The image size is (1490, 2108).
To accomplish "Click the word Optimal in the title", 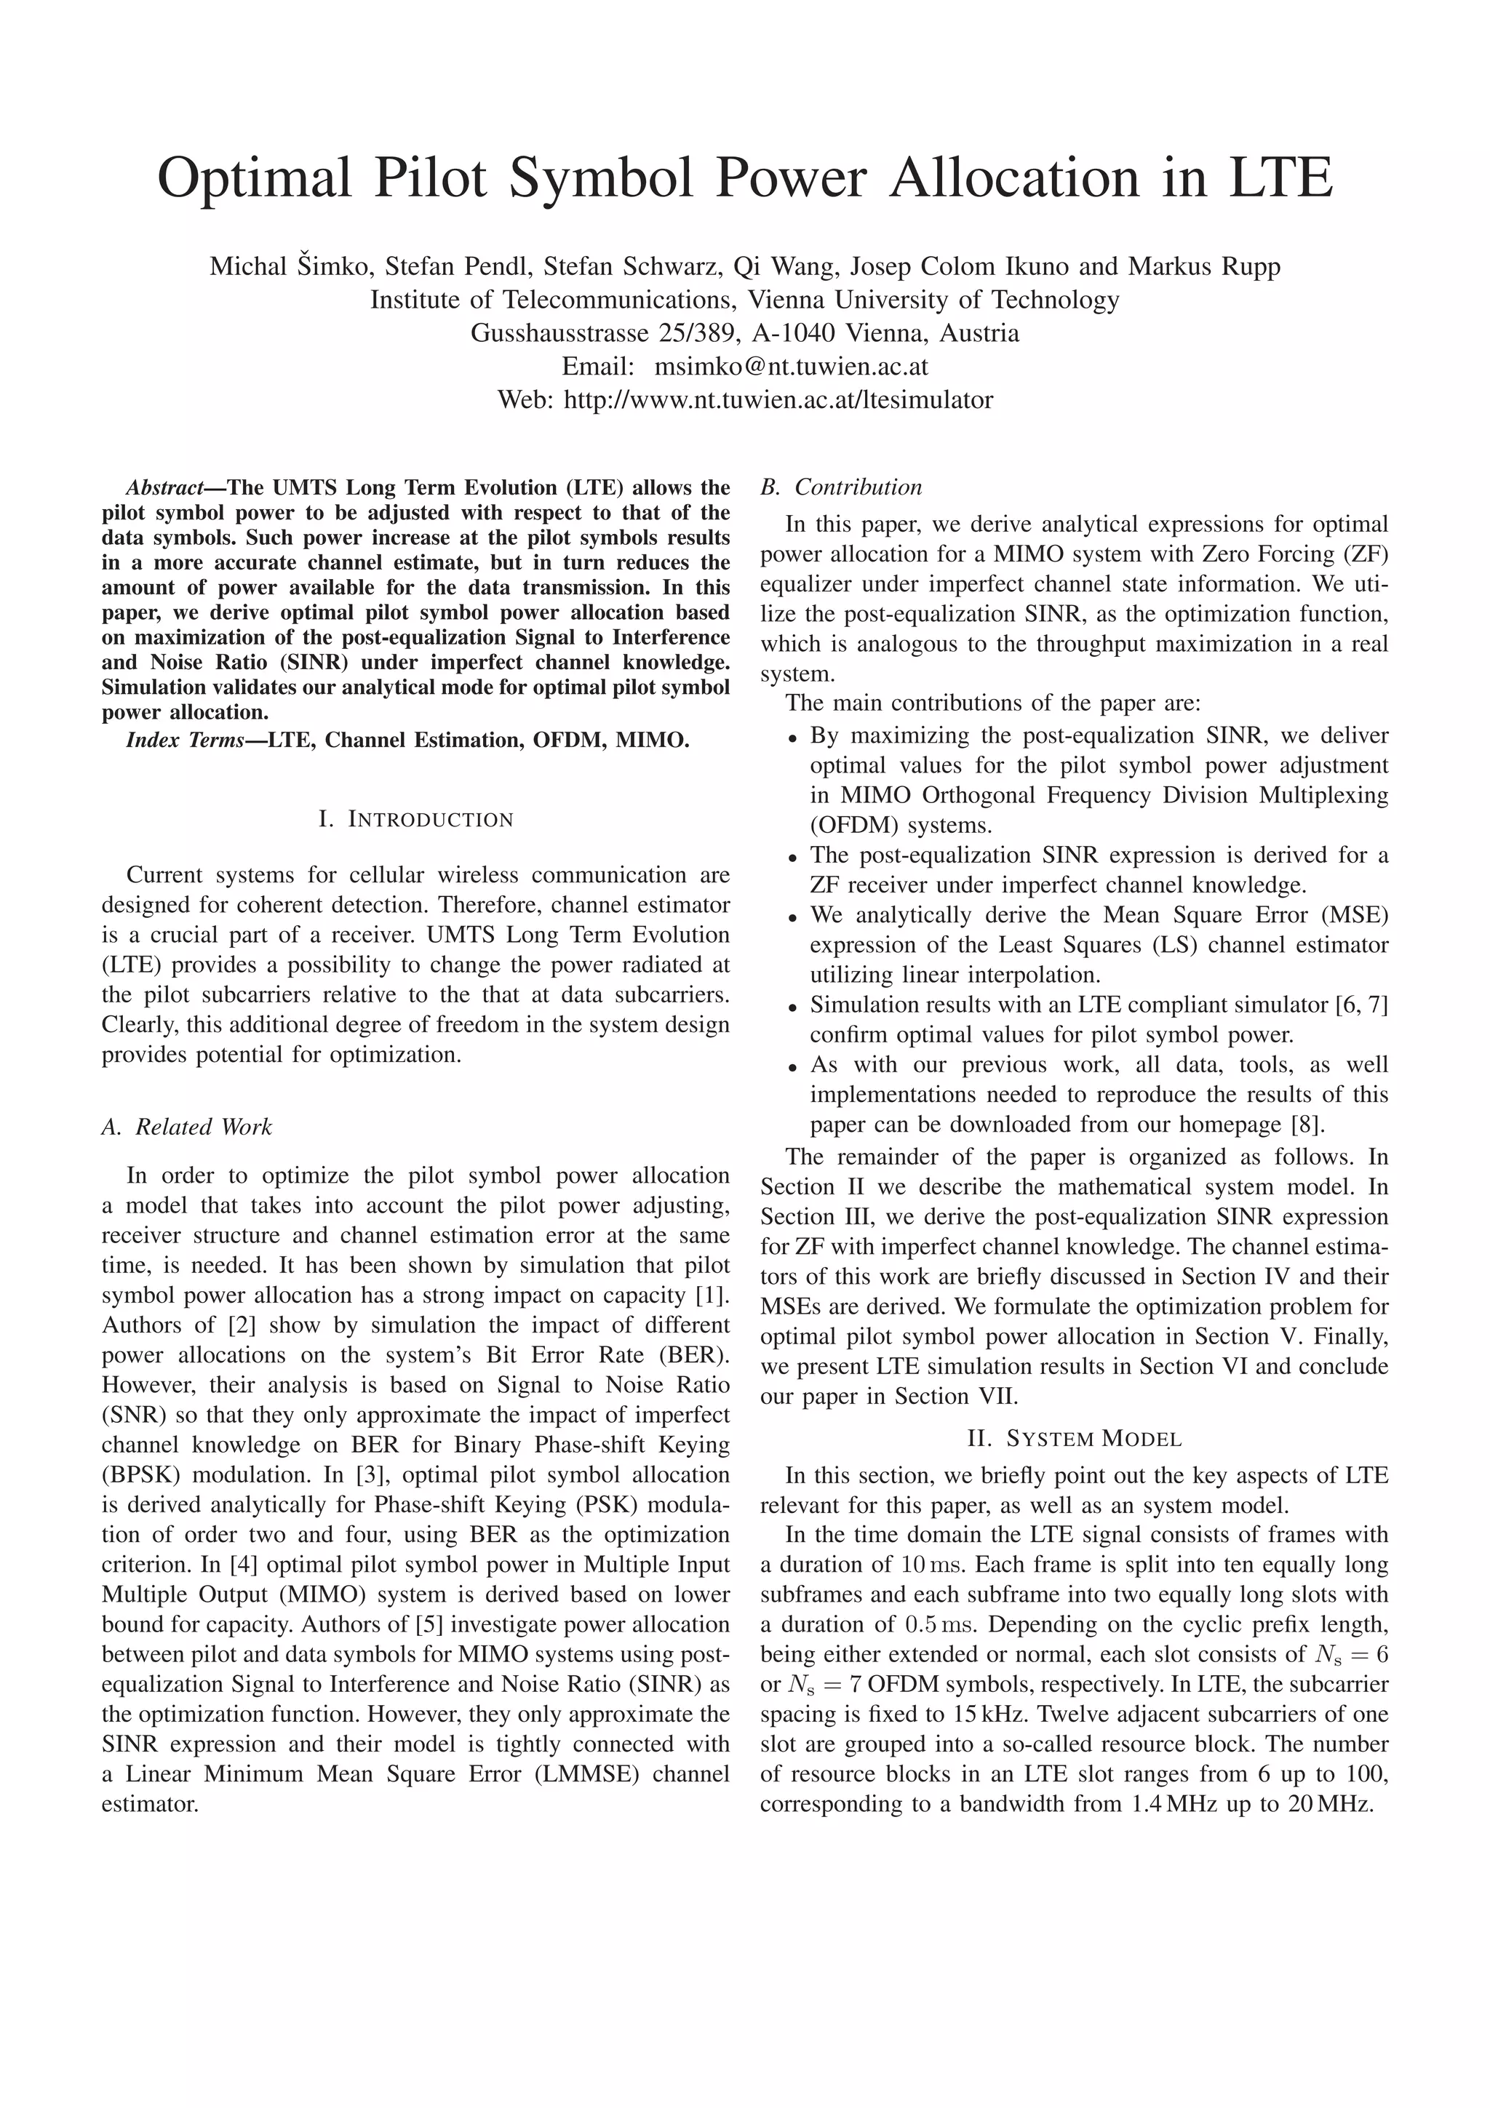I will [255, 179].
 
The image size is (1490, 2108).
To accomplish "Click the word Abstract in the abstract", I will [162, 487].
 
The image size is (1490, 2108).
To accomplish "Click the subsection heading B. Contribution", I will [841, 487].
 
